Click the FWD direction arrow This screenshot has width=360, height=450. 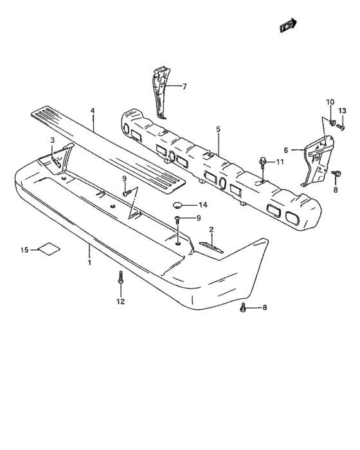pos(288,25)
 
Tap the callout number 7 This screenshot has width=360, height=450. pos(184,86)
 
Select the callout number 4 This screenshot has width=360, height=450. pos(93,111)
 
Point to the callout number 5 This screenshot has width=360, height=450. pos(218,129)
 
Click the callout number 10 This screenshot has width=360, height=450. pos(330,102)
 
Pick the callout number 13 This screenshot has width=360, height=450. pos(342,111)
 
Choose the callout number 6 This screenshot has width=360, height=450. pos(285,150)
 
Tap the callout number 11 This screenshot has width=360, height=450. pos(280,162)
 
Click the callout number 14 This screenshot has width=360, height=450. pos(203,205)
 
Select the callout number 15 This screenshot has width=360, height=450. pos(24,250)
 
